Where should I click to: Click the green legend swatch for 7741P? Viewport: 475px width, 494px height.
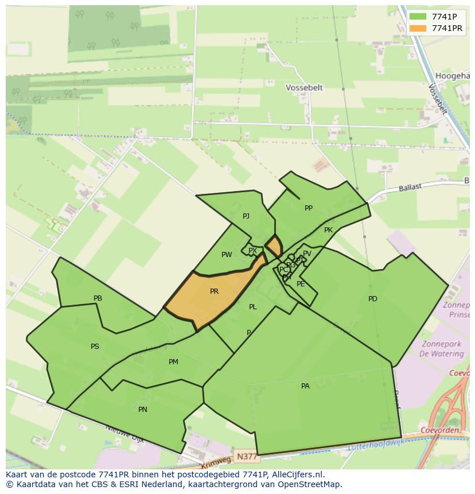pos(418,16)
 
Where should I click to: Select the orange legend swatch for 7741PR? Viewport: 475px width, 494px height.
pos(418,28)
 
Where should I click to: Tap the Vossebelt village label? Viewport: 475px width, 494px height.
pos(304,88)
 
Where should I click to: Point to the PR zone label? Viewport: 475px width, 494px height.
pos(214,291)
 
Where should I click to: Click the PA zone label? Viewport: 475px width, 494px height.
pos(305,386)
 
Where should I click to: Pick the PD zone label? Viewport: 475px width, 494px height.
pos(373,299)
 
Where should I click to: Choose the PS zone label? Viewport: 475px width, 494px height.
pos(95,347)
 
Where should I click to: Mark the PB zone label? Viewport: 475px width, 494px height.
pos(98,298)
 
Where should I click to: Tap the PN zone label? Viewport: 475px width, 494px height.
pos(143,410)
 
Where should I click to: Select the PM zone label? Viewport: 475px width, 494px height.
pos(173,362)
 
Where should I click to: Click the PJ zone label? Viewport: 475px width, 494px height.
pos(246,216)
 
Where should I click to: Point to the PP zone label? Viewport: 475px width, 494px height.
pos(309,208)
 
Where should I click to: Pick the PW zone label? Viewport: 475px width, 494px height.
pos(227,255)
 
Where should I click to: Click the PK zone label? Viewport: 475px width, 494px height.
pos(328,230)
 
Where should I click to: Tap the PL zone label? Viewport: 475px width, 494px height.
pos(253,307)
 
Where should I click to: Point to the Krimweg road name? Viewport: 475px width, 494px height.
pos(217,461)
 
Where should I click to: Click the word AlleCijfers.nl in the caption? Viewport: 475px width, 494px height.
pos(297,474)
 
